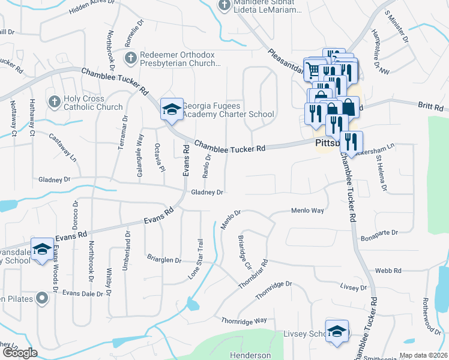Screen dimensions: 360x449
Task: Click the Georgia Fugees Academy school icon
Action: click(x=172, y=109)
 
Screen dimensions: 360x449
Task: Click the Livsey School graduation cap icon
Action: click(x=337, y=331)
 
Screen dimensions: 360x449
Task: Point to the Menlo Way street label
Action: click(x=307, y=211)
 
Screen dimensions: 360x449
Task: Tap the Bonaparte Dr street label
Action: click(x=379, y=238)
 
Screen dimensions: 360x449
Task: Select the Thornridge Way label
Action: click(x=244, y=320)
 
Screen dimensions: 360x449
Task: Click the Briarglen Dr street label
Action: click(x=164, y=260)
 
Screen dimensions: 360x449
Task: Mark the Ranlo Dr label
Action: click(x=206, y=166)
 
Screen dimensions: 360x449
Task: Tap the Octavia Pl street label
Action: click(x=159, y=158)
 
